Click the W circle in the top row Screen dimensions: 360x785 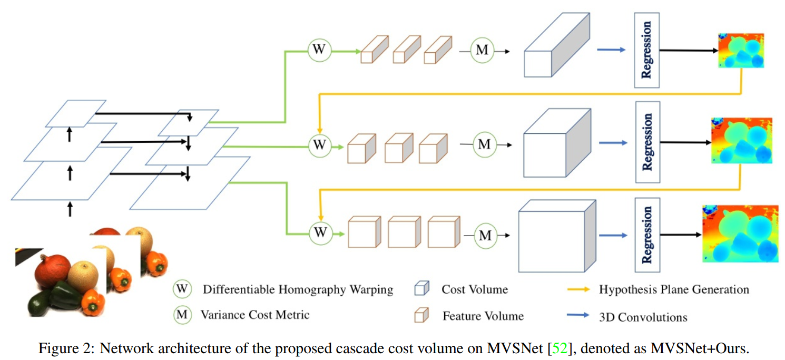pyautogui.click(x=319, y=50)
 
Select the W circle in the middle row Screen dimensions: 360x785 pyautogui.click(x=319, y=144)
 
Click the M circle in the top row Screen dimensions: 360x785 pyautogui.click(x=482, y=51)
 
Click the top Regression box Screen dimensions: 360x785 pyautogui.click(x=646, y=50)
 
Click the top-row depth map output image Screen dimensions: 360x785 pyautogui.click(x=741, y=51)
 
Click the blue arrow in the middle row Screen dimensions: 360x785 pyautogui.click(x=613, y=143)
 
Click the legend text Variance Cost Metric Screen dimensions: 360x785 pyautogui.click(x=255, y=315)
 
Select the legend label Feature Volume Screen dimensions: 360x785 pyautogui.click(x=483, y=316)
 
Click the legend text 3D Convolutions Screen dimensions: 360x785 pyautogui.click(x=643, y=317)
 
